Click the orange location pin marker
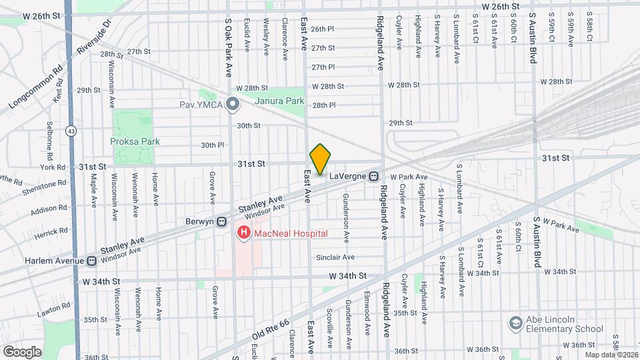point(320,159)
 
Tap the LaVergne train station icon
point(374,176)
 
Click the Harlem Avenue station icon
point(91,261)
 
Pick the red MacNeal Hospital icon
point(244,233)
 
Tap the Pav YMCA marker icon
point(232,105)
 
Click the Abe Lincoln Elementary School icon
point(515,323)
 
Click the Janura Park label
point(281,101)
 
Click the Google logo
point(21,351)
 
